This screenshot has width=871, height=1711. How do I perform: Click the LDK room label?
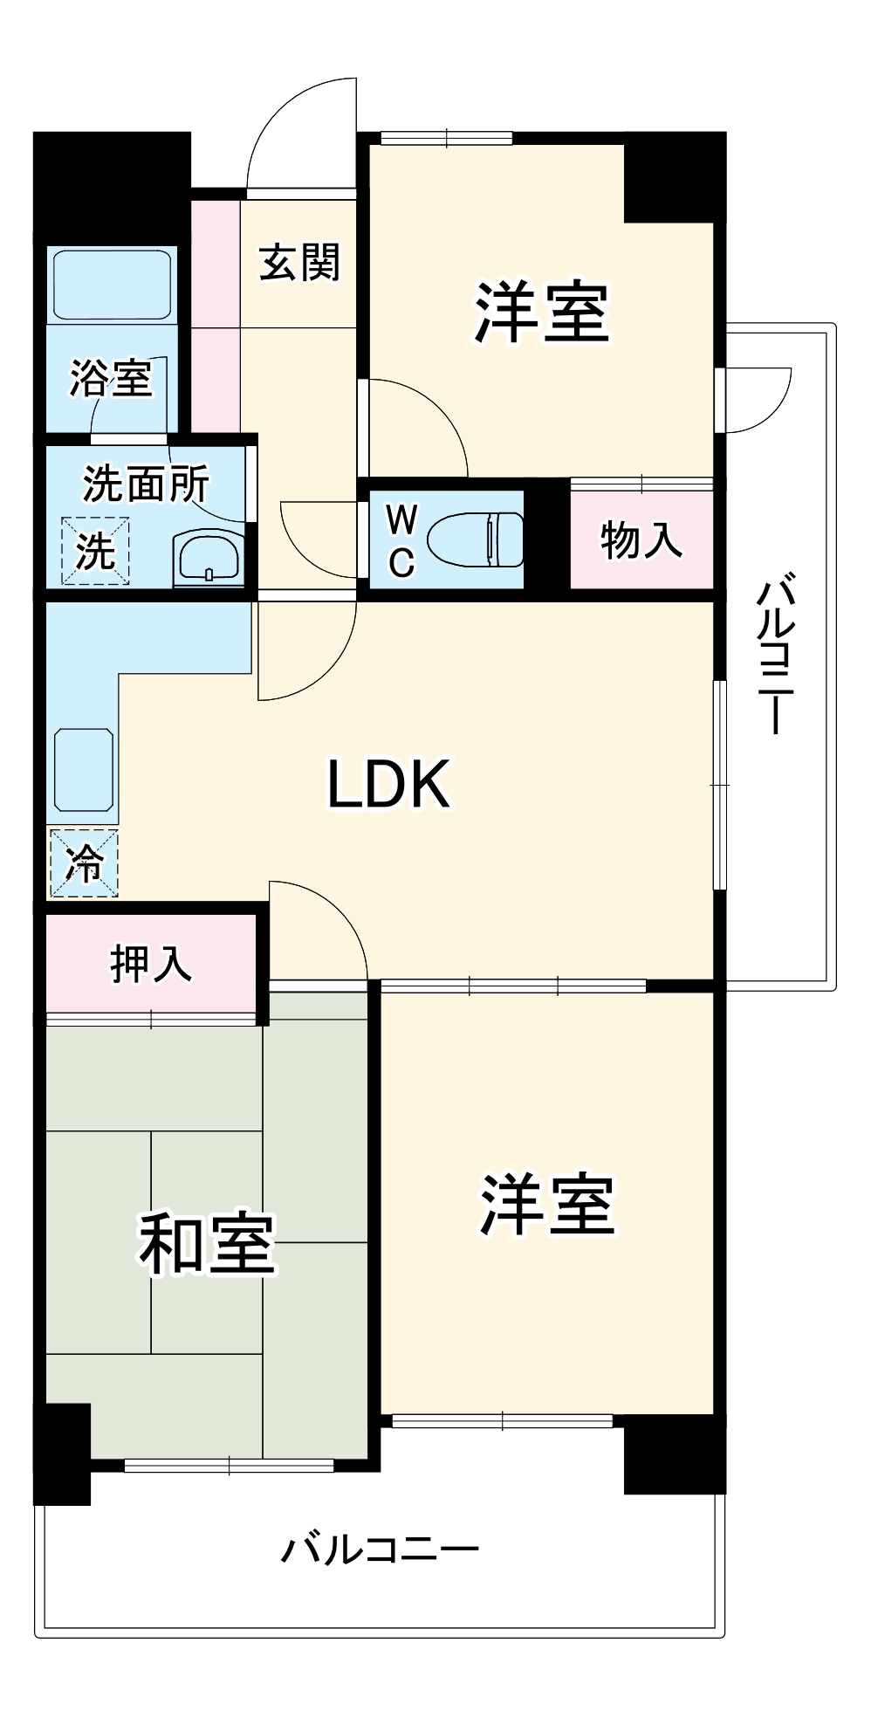[x=388, y=783]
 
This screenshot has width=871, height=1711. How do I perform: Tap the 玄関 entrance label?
[x=299, y=262]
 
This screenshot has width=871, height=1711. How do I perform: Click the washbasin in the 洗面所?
[x=209, y=557]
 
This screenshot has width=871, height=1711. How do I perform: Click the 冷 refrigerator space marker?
[x=84, y=862]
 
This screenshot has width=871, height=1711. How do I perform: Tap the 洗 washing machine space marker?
[x=95, y=551]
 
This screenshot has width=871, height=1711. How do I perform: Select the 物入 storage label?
[x=641, y=539]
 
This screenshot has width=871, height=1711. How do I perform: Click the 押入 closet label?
[x=151, y=964]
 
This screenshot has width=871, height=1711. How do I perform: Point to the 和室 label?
[x=207, y=1243]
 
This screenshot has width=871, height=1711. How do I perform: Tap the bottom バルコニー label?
[x=380, y=1550]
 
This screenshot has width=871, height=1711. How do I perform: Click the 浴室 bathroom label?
[x=111, y=379]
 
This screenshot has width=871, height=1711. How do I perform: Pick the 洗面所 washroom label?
[x=146, y=484]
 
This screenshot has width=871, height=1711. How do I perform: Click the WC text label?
[x=401, y=541]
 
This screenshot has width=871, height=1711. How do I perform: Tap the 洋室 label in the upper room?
[x=541, y=312]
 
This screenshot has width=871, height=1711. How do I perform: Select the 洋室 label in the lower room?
[x=547, y=1206]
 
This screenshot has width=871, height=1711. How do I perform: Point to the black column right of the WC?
[x=547, y=534]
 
